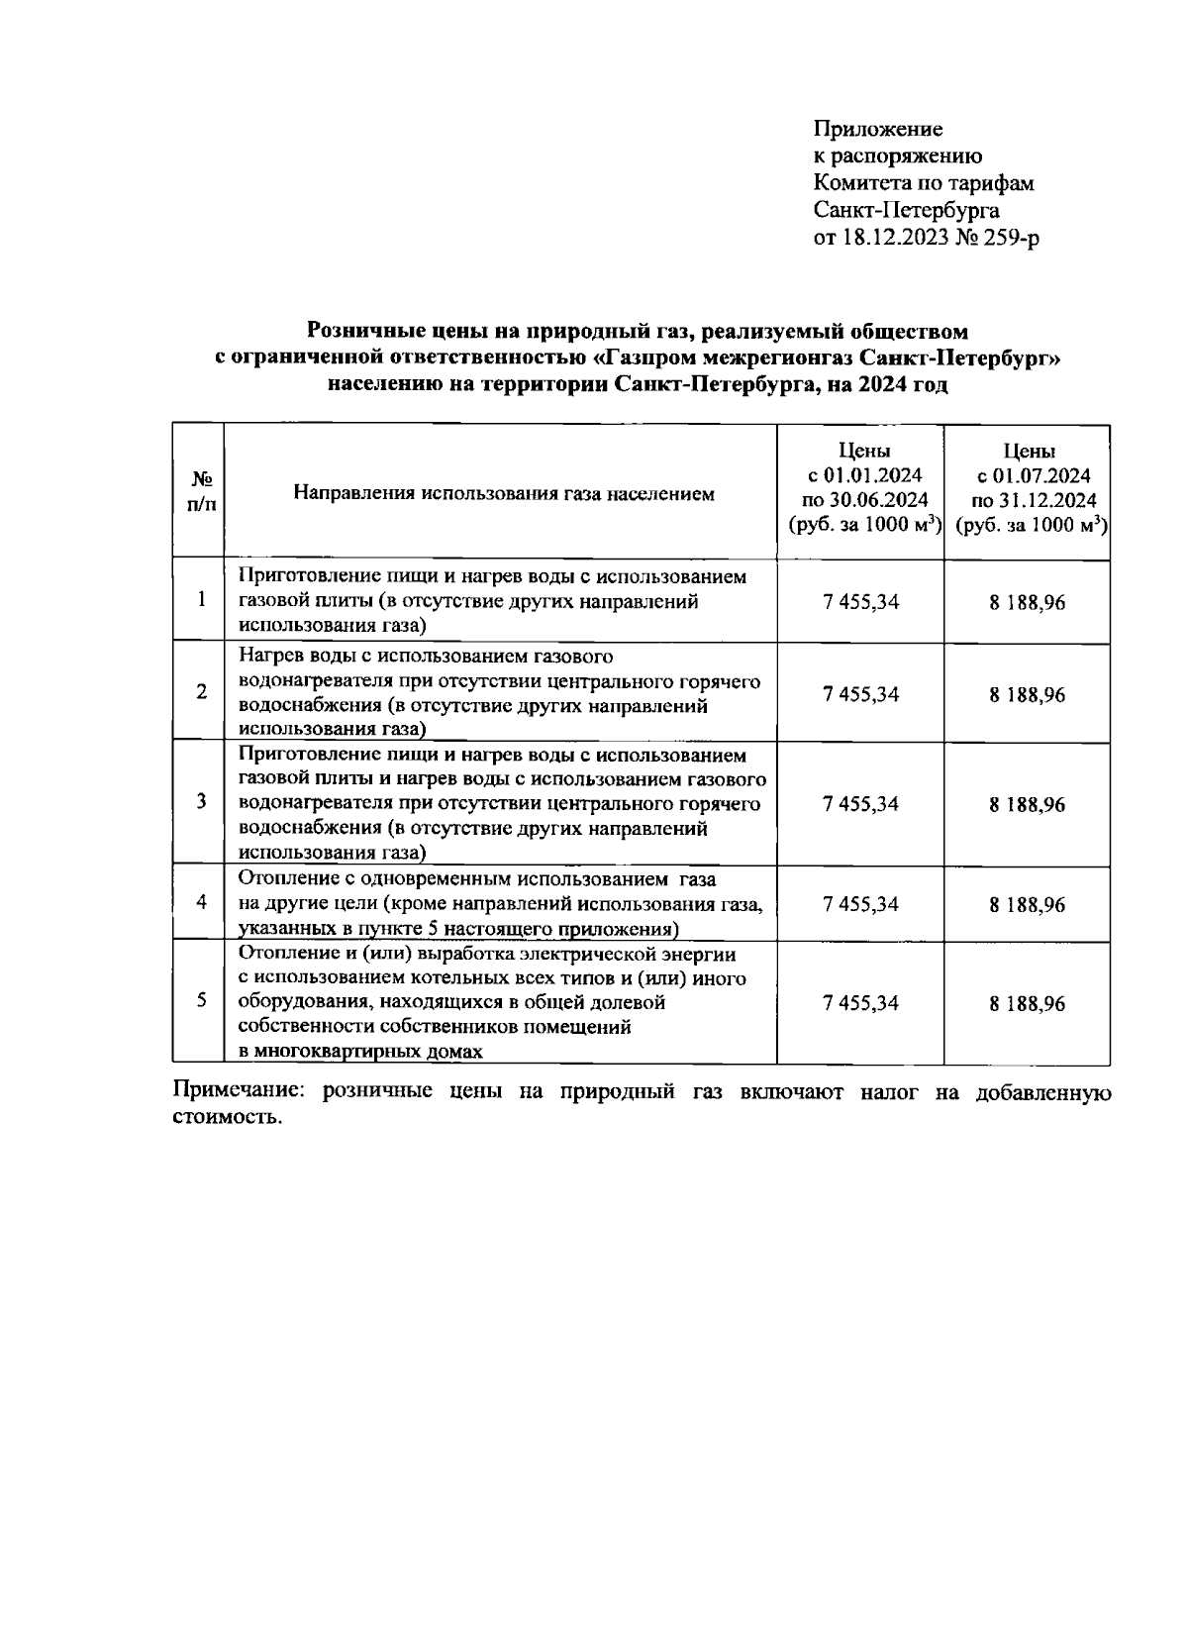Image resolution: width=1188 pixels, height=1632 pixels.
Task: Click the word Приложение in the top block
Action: (877, 130)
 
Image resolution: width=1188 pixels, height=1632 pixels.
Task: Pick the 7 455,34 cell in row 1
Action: (860, 601)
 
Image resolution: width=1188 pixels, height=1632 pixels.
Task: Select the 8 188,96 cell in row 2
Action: (1027, 695)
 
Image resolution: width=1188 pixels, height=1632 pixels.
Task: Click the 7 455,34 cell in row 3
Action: (860, 804)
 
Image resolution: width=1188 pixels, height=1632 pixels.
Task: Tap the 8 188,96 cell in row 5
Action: (1027, 1004)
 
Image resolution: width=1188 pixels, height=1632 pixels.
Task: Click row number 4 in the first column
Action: (201, 902)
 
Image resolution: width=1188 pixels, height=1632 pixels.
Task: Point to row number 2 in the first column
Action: (201, 692)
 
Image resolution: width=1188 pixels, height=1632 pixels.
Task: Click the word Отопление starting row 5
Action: (287, 955)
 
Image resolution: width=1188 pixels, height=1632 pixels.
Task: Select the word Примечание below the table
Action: (234, 1093)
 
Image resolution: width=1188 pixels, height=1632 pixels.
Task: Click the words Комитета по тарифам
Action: (923, 183)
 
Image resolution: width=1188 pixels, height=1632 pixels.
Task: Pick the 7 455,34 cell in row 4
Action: (860, 904)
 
